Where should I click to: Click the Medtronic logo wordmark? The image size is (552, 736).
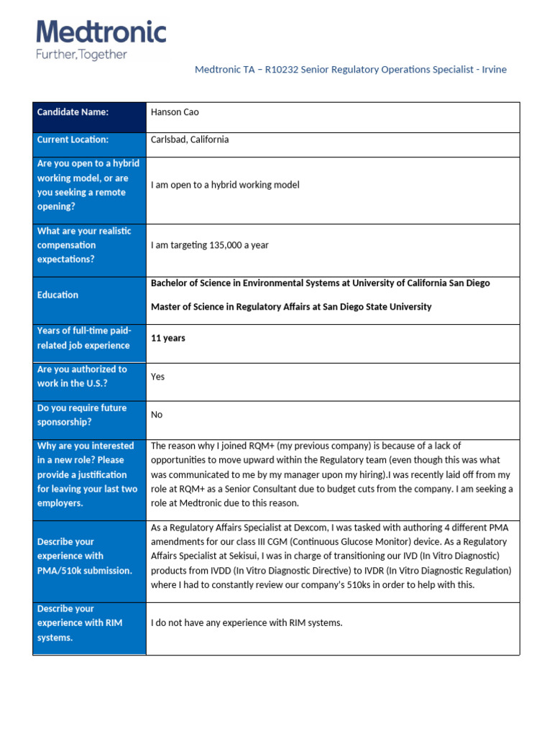(101, 33)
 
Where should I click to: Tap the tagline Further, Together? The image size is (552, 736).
(81, 55)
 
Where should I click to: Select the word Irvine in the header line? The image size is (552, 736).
(492, 70)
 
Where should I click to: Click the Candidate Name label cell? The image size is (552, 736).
(73, 112)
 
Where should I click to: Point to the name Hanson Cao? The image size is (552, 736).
(175, 112)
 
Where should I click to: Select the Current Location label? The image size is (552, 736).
(73, 139)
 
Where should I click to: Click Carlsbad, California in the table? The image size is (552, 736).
(190, 139)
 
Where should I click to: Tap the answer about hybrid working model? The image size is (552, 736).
(225, 185)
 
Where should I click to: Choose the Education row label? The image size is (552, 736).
(57, 295)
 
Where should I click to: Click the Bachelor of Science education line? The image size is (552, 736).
(320, 283)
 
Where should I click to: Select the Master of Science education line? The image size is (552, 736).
(291, 307)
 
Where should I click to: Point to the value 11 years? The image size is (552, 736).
(167, 338)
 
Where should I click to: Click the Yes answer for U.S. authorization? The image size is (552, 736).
(157, 377)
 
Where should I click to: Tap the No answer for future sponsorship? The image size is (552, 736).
(157, 415)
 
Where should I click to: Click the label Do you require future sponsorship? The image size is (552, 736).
(81, 415)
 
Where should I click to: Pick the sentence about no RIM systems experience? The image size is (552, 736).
(247, 622)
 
